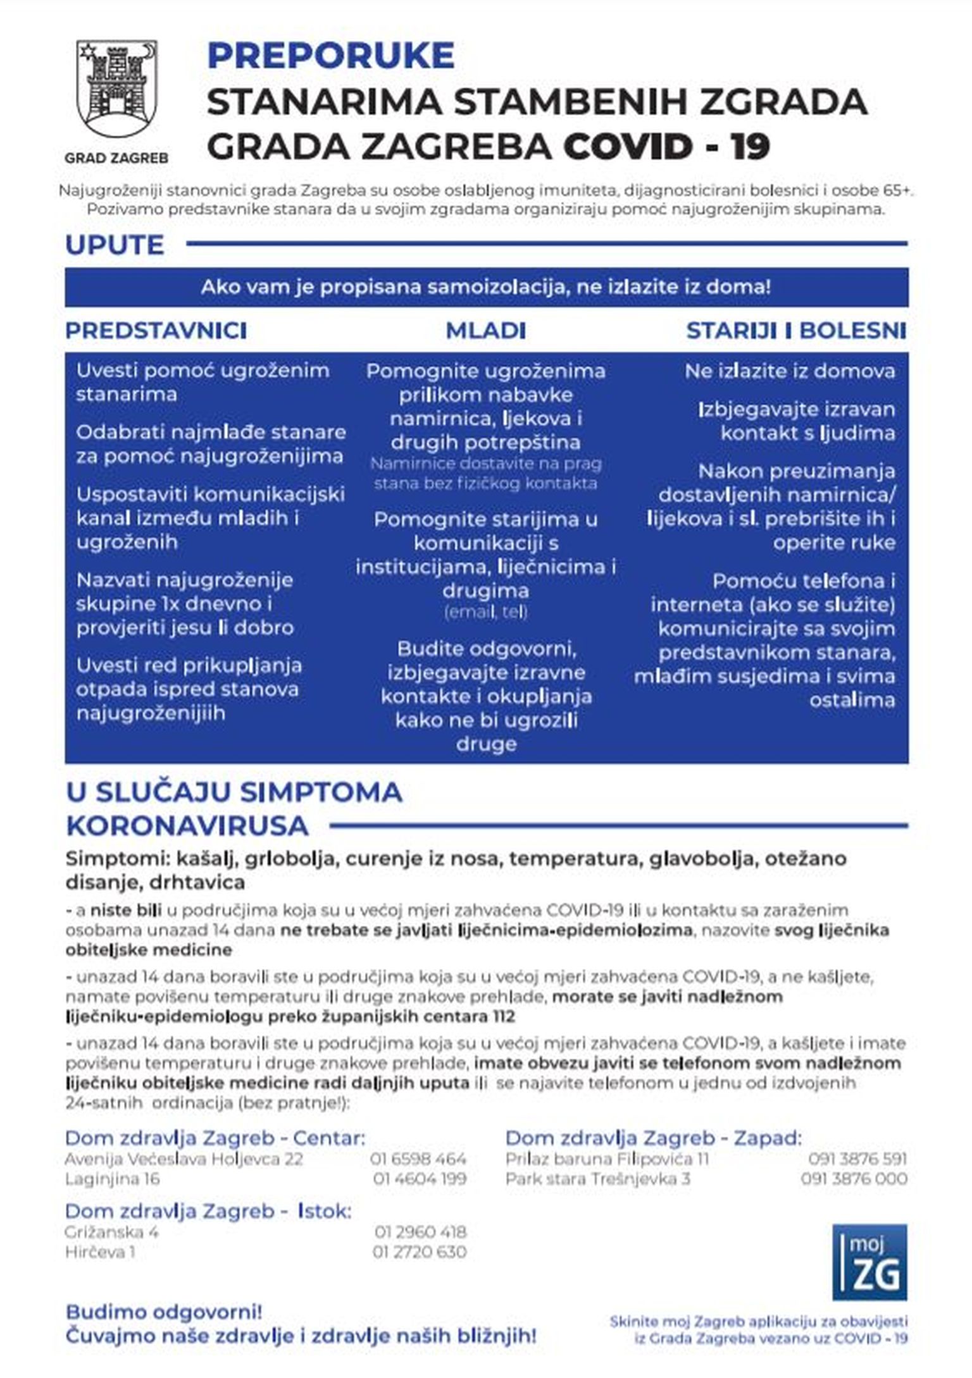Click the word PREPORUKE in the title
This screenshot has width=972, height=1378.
tap(330, 56)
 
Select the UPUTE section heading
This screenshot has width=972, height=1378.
tap(115, 245)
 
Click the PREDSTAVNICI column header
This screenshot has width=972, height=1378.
tap(156, 331)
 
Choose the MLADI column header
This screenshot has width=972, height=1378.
tap(485, 331)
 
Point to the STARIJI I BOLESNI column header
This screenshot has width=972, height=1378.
tap(796, 331)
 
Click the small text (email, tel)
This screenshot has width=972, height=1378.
tap(485, 612)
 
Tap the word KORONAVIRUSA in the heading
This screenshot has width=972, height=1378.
tap(187, 826)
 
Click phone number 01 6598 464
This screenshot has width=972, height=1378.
tap(418, 1159)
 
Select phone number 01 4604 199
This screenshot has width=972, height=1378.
tap(420, 1179)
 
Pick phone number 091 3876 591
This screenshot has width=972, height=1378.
tap(857, 1159)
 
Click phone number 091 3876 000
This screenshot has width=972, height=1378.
tap(854, 1179)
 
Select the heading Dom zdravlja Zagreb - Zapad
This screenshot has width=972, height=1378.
tap(653, 1138)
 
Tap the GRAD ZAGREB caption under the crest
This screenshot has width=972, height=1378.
tap(116, 158)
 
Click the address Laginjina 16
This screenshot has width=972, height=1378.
tap(112, 1179)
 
